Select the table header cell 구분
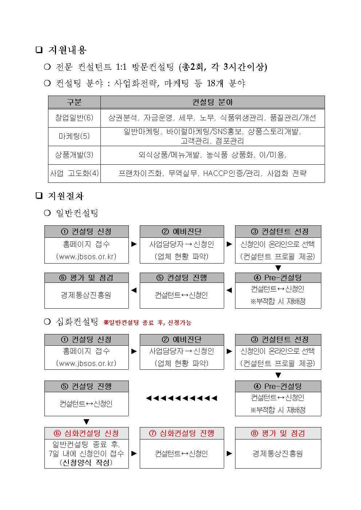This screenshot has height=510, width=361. (x=74, y=102)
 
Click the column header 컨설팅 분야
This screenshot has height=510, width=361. (x=213, y=102)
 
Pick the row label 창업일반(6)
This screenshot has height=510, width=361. (x=74, y=118)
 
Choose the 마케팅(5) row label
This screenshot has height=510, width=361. (x=74, y=136)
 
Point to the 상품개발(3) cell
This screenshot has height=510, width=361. (x=74, y=155)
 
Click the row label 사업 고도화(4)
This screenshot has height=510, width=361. (x=74, y=173)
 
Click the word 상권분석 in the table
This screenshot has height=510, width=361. (x=123, y=118)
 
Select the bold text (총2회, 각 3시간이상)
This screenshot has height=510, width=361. (x=223, y=67)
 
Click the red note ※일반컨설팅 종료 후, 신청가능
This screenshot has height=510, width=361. (x=147, y=322)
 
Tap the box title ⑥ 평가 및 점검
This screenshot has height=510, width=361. (x=87, y=278)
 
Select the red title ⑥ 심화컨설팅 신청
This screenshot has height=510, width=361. (x=87, y=433)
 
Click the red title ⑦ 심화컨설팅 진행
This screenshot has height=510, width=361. (x=182, y=433)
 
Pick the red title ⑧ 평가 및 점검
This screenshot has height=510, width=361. (x=278, y=433)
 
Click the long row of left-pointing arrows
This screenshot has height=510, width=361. (x=182, y=398)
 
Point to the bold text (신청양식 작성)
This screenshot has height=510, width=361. (x=86, y=463)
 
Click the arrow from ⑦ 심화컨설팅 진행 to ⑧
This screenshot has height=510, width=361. (x=229, y=454)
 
